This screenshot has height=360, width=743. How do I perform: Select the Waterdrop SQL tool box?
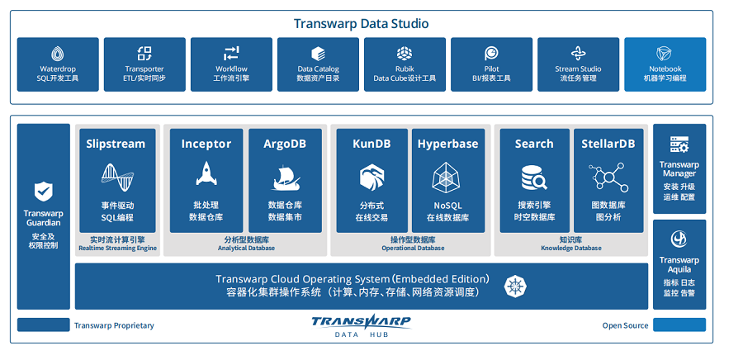click(58, 64)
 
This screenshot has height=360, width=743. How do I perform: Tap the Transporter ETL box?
click(144, 64)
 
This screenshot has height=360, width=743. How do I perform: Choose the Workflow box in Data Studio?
click(231, 64)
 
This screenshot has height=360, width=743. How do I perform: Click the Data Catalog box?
click(318, 64)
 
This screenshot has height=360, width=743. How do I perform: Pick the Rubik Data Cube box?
click(405, 64)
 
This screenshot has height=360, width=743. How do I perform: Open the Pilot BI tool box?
click(491, 64)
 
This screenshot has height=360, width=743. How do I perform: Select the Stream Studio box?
click(578, 64)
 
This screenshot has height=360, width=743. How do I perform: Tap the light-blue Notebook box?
click(665, 64)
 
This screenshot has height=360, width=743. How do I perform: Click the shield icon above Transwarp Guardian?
click(43, 192)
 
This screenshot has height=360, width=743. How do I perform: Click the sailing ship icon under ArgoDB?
click(285, 175)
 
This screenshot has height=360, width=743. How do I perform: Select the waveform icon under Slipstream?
click(116, 175)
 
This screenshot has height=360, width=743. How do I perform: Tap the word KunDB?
click(371, 144)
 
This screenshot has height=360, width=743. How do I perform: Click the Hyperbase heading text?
click(447, 144)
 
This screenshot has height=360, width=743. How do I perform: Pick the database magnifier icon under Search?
click(534, 176)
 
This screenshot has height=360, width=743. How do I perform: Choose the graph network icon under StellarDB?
click(608, 176)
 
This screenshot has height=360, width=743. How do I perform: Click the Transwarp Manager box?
click(679, 168)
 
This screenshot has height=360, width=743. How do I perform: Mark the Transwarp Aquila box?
click(679, 263)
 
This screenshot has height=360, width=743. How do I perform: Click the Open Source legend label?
click(625, 325)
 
